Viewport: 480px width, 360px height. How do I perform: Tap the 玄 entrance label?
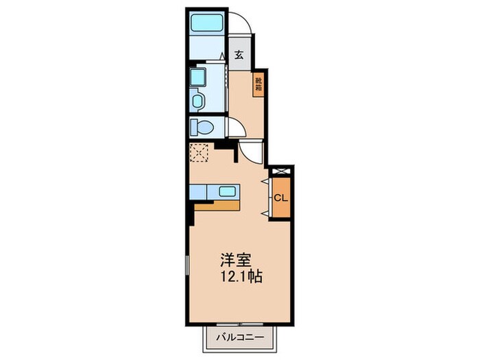tap(239, 56)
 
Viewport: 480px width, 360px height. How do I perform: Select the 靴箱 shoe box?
tap(259, 84)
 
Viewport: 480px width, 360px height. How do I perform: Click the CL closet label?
tap(281, 197)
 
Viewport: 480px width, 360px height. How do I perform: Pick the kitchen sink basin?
tap(227, 192)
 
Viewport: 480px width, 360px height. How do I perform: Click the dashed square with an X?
tap(200, 152)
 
